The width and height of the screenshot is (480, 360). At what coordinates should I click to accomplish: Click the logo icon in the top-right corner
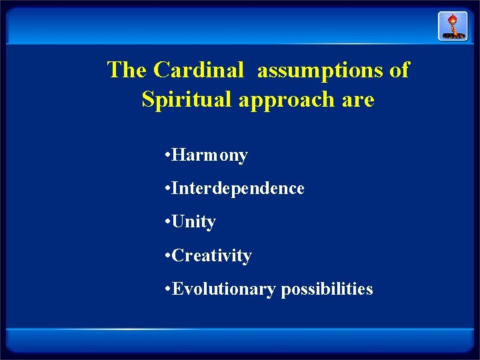[452, 26]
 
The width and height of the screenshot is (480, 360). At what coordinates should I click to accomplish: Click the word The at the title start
[127, 70]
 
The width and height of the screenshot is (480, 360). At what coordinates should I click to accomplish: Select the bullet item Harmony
[209, 156]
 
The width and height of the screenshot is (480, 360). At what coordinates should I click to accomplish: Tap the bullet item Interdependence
[238, 189]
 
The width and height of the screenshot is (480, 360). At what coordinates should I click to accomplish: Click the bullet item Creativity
[211, 256]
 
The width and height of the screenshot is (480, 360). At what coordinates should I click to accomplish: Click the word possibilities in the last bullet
[327, 289]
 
